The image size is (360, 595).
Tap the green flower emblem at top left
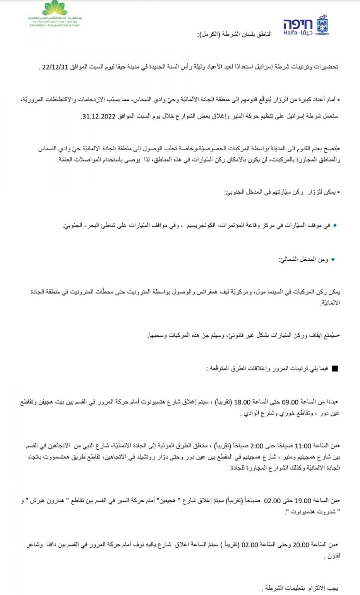(54, 8)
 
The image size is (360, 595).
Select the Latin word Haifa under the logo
(290, 33)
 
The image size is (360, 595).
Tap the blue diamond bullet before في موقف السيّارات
(335, 225)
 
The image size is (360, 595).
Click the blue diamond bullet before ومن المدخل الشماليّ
(333, 259)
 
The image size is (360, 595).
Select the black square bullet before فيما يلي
(335, 369)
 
